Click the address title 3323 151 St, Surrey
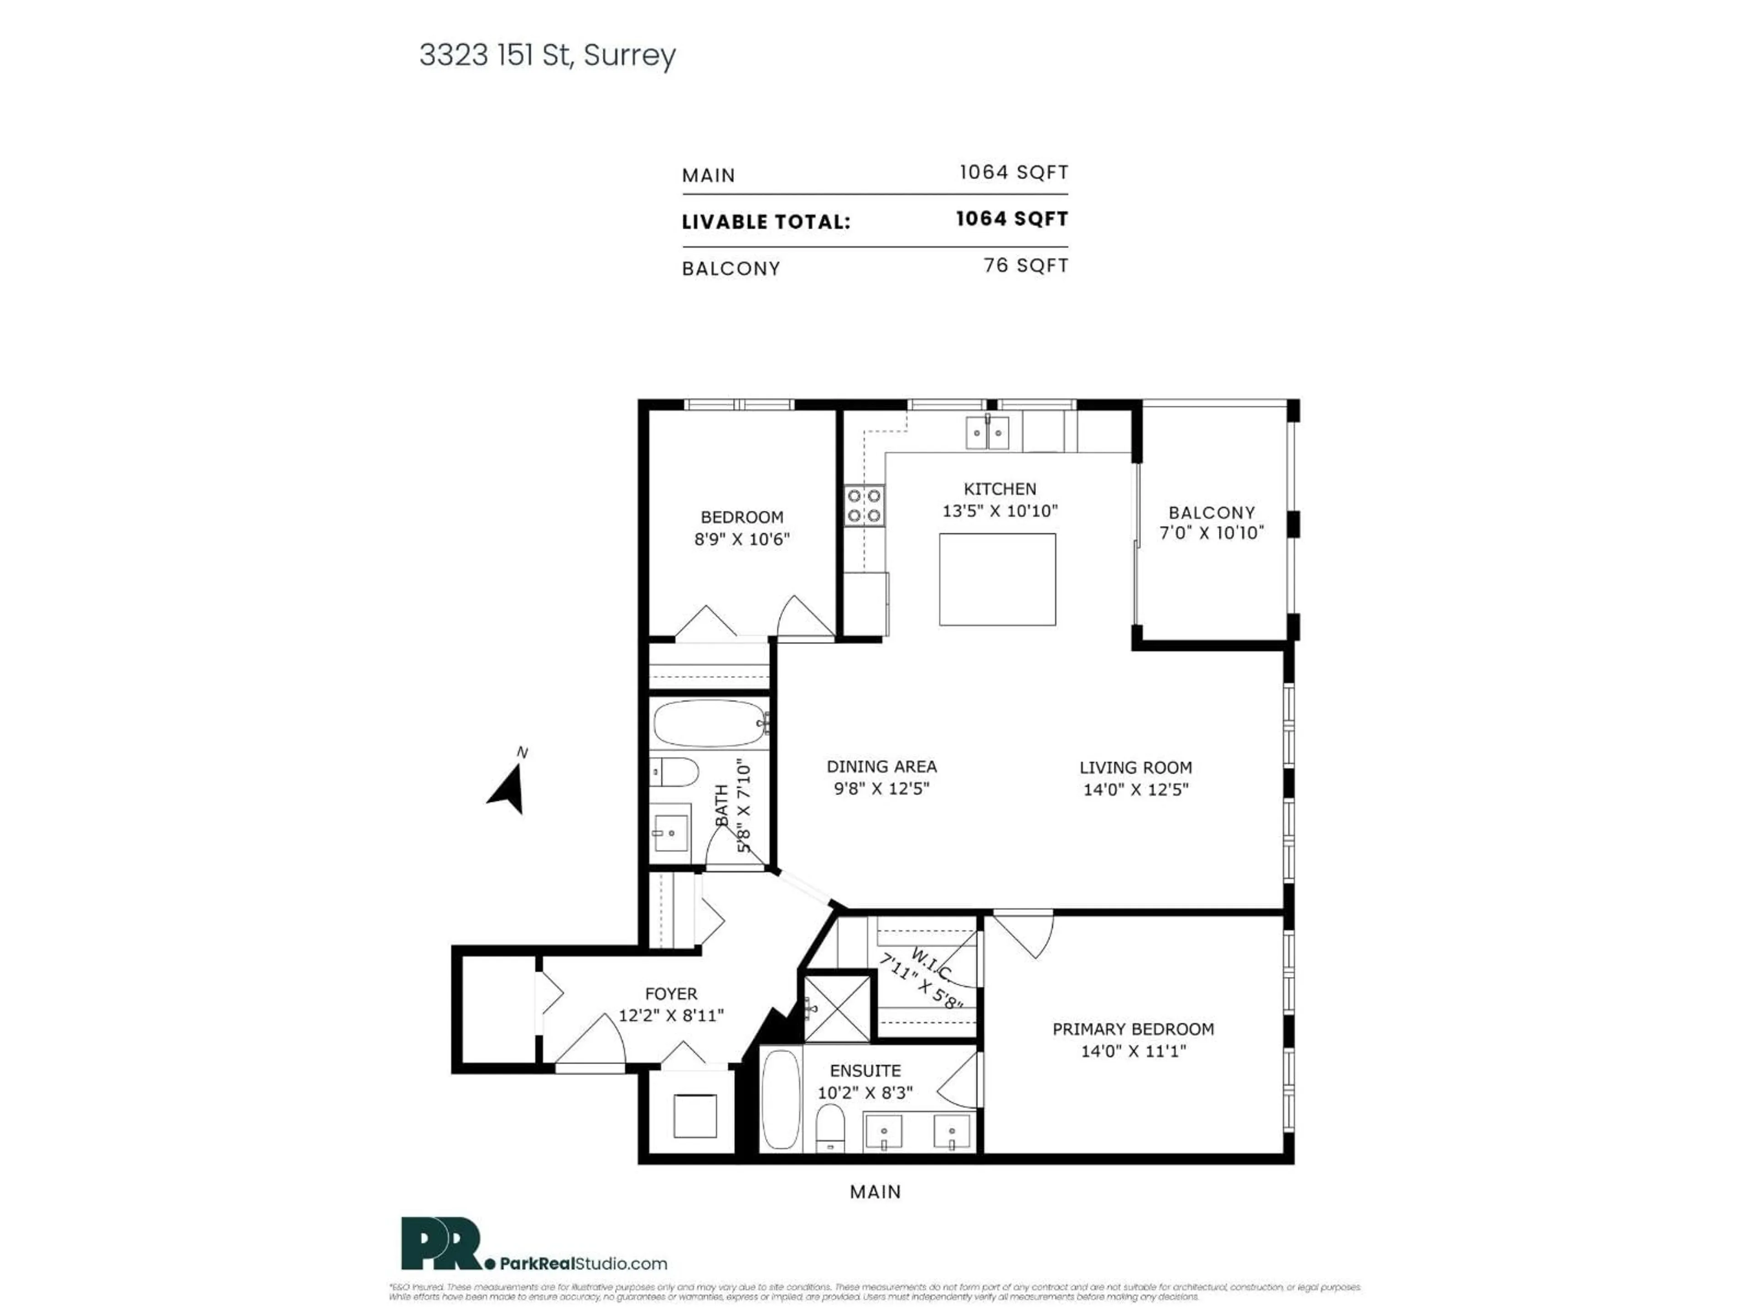click(x=547, y=56)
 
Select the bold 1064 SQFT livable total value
click(x=1012, y=219)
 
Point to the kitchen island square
click(x=997, y=579)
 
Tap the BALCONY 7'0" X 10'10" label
click(x=1211, y=522)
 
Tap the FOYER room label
click(x=670, y=993)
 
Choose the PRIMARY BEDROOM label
click(x=1133, y=1029)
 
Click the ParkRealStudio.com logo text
click(x=583, y=1264)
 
